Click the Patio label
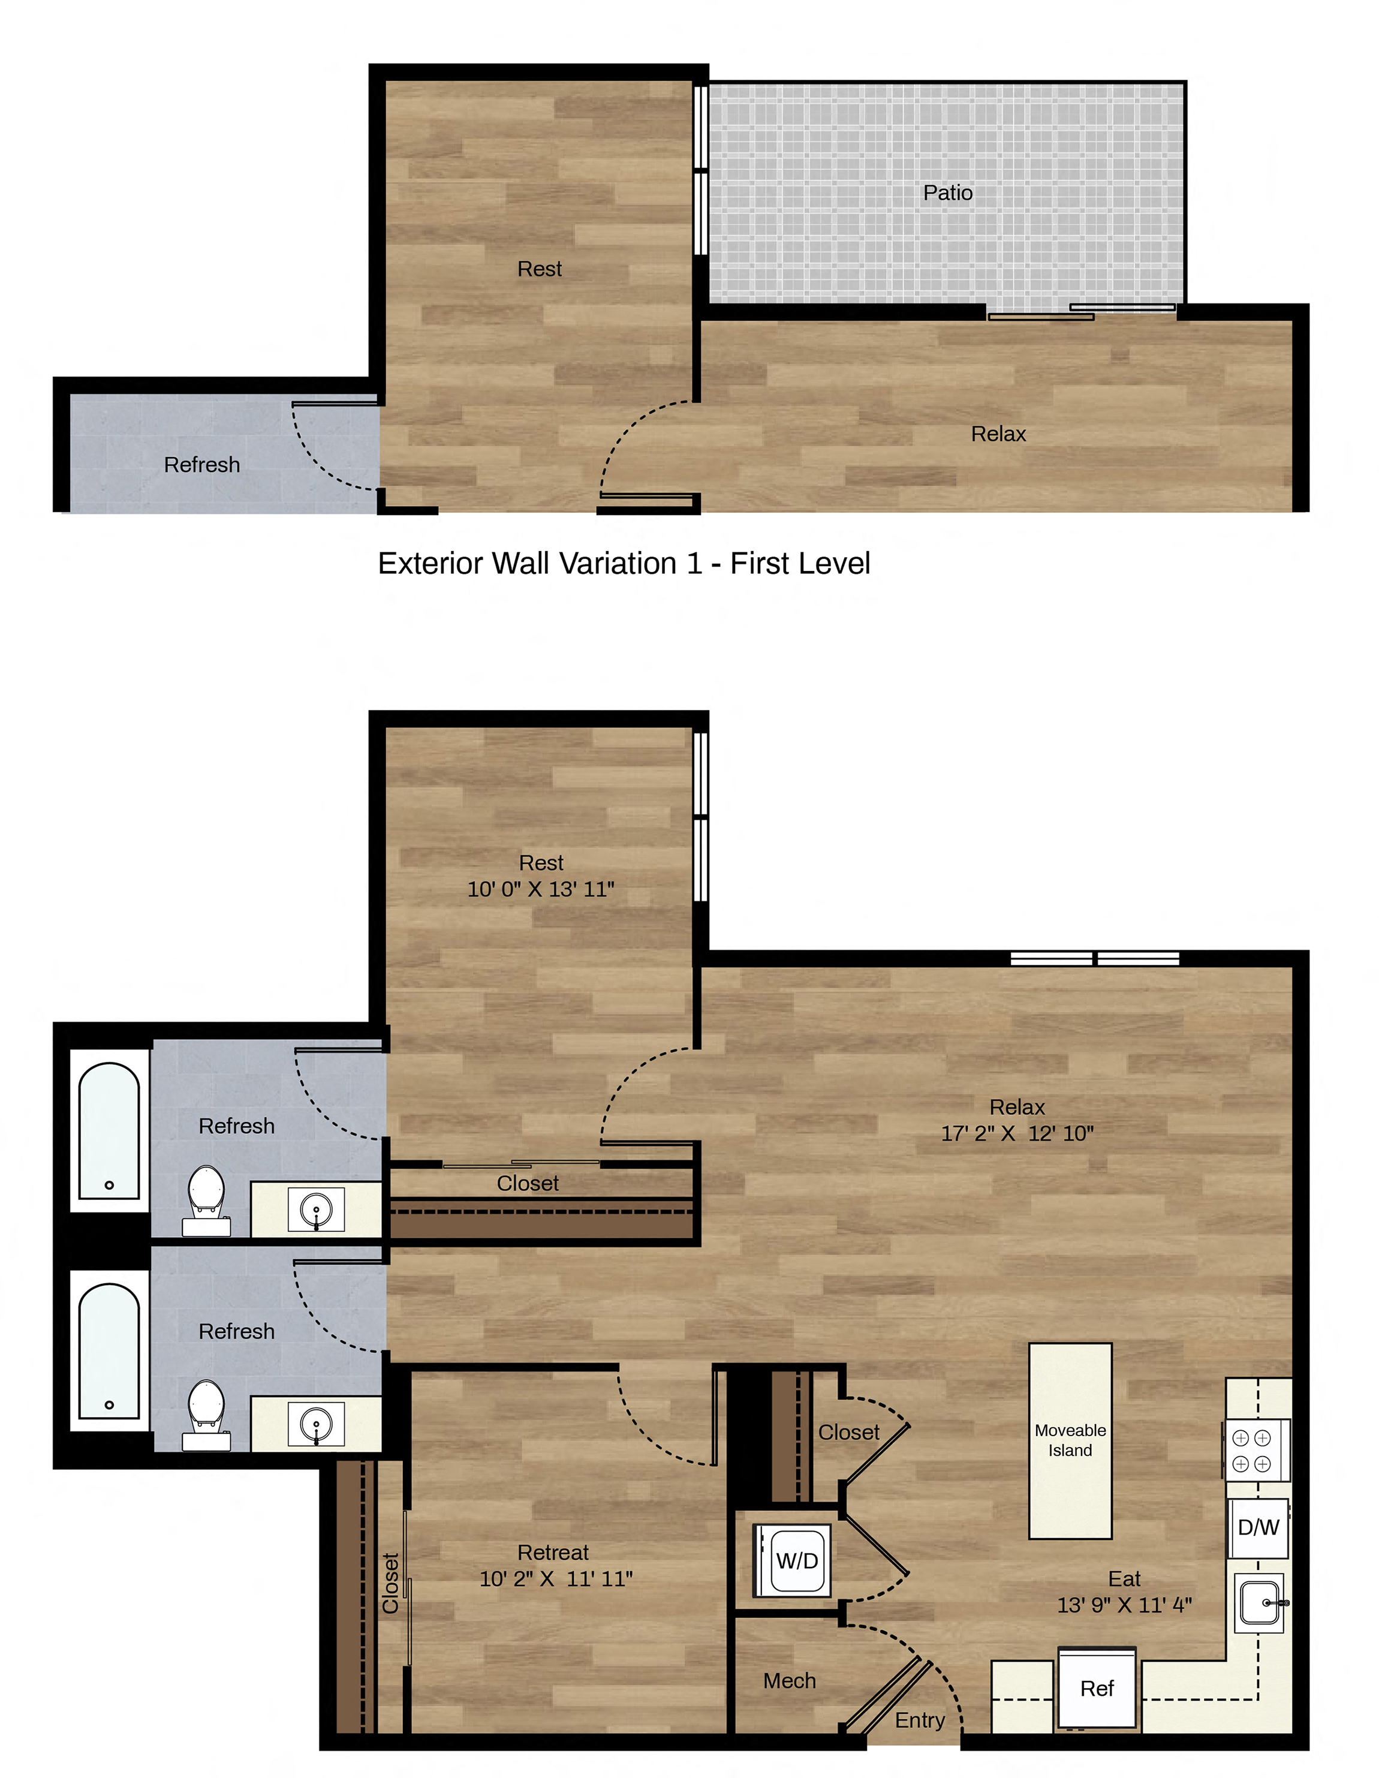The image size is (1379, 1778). pos(947,193)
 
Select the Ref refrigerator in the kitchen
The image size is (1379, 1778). pos(1097,1687)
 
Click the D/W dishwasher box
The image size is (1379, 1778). pos(1258,1527)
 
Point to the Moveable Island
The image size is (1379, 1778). pos(1070,1441)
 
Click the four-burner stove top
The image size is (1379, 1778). pos(1256,1450)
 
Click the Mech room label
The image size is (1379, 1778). pos(789,1680)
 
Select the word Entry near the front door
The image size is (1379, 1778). pos(920,1719)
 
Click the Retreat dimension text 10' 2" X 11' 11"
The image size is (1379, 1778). pos(556,1578)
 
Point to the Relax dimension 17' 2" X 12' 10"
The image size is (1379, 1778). pos(1017,1132)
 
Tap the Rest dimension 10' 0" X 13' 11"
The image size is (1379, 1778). pos(541,888)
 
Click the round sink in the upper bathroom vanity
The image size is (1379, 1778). pos(316,1208)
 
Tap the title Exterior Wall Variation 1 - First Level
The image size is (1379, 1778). pos(624,563)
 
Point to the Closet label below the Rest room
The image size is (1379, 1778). pos(528,1183)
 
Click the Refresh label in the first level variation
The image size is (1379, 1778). pos(202,464)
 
